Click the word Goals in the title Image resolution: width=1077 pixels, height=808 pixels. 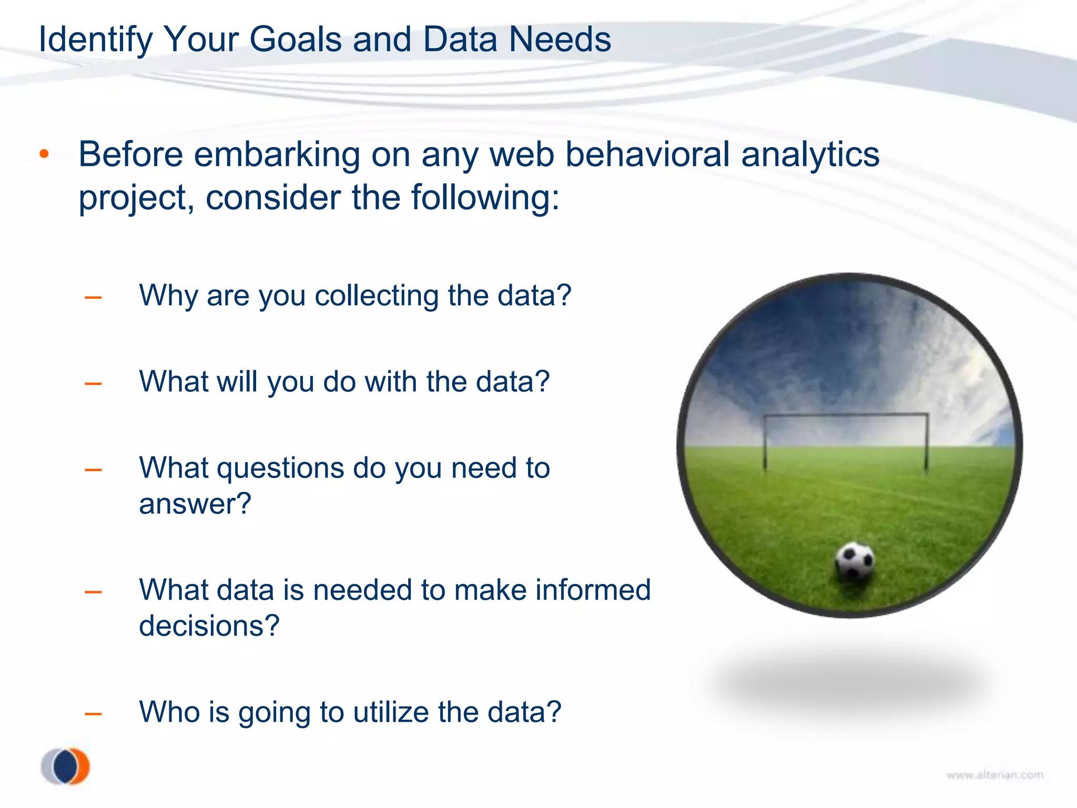(x=295, y=39)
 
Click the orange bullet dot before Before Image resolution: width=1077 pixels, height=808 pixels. (x=44, y=154)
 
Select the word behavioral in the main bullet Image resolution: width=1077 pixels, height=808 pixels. (x=647, y=155)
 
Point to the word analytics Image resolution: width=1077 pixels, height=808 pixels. (x=810, y=155)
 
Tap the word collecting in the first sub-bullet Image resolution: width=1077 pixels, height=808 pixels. (x=376, y=296)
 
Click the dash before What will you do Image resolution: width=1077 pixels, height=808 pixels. (x=93, y=383)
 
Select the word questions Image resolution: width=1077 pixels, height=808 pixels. (x=280, y=468)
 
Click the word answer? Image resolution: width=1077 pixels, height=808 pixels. (x=195, y=504)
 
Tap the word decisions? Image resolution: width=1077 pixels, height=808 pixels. (x=209, y=625)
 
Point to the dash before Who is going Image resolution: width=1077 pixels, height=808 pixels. (x=93, y=714)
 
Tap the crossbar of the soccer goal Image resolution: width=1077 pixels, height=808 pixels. (x=845, y=415)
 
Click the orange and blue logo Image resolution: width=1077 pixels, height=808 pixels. (x=66, y=766)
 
